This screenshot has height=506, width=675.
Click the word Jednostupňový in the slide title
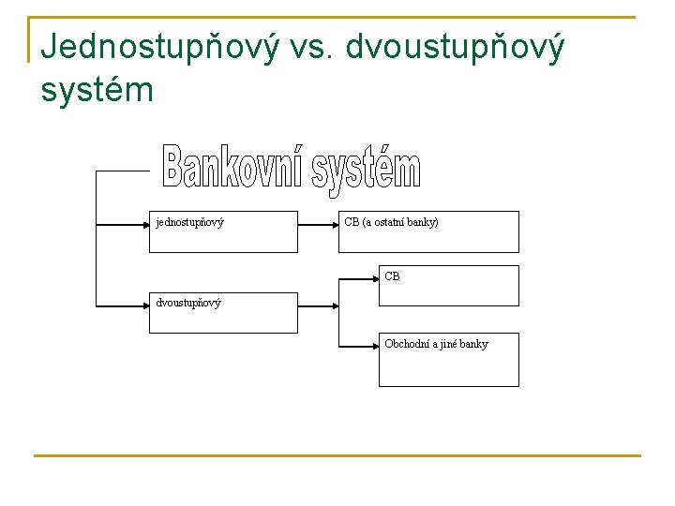[x=160, y=47]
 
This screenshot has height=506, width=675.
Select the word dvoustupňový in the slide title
[x=456, y=47]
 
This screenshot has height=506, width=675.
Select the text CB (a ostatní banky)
[x=391, y=223]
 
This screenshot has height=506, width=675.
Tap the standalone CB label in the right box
[x=392, y=276]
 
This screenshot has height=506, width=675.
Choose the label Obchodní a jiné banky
[x=436, y=344]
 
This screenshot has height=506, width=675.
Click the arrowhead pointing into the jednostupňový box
[x=145, y=224]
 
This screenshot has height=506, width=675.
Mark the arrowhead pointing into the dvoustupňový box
[x=145, y=305]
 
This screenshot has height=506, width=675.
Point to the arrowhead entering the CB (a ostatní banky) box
[x=334, y=224]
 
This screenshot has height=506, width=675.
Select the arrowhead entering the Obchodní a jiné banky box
[x=374, y=345]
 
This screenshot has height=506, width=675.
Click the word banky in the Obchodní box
[x=473, y=344]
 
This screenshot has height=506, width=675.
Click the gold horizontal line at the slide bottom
[x=337, y=456]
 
